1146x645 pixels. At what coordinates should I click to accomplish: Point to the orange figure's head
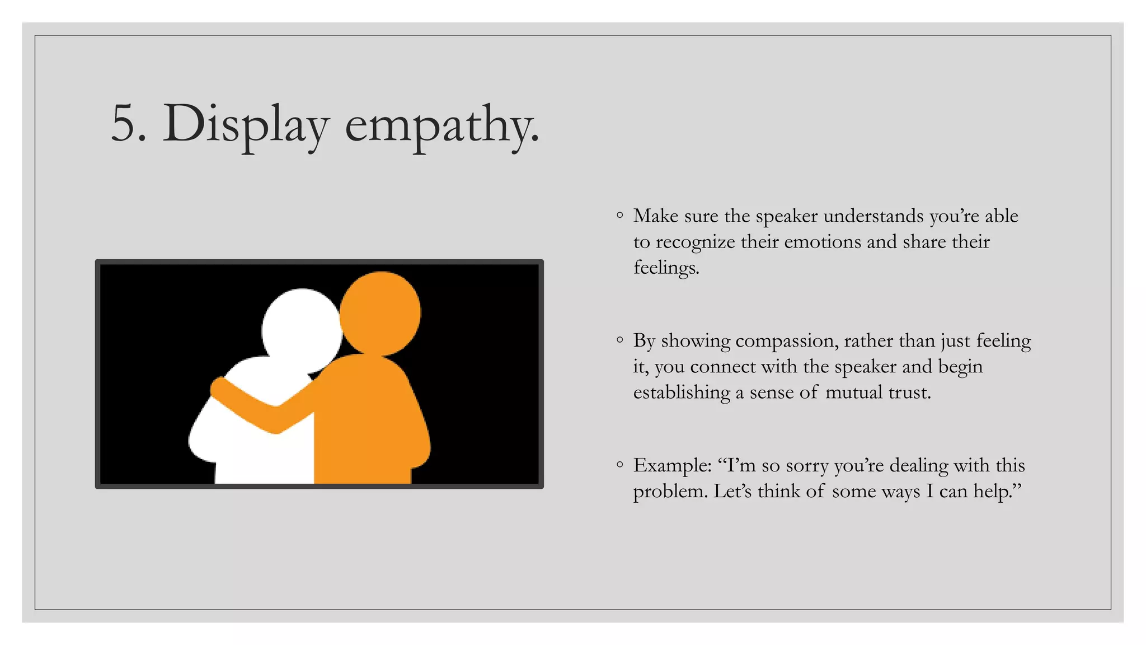(x=381, y=312)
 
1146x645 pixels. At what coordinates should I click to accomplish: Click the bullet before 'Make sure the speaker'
(x=619, y=215)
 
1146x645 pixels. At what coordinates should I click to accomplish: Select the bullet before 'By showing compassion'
(x=619, y=340)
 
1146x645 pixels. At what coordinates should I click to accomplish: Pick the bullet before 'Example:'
(x=619, y=465)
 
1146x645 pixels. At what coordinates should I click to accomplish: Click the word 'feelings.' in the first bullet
(x=666, y=268)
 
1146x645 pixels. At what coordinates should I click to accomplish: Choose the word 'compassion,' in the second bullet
(x=786, y=341)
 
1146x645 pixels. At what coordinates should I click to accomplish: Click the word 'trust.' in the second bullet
(x=909, y=392)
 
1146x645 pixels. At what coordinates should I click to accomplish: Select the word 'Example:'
(x=672, y=466)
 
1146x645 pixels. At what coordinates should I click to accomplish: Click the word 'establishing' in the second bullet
(x=682, y=392)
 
